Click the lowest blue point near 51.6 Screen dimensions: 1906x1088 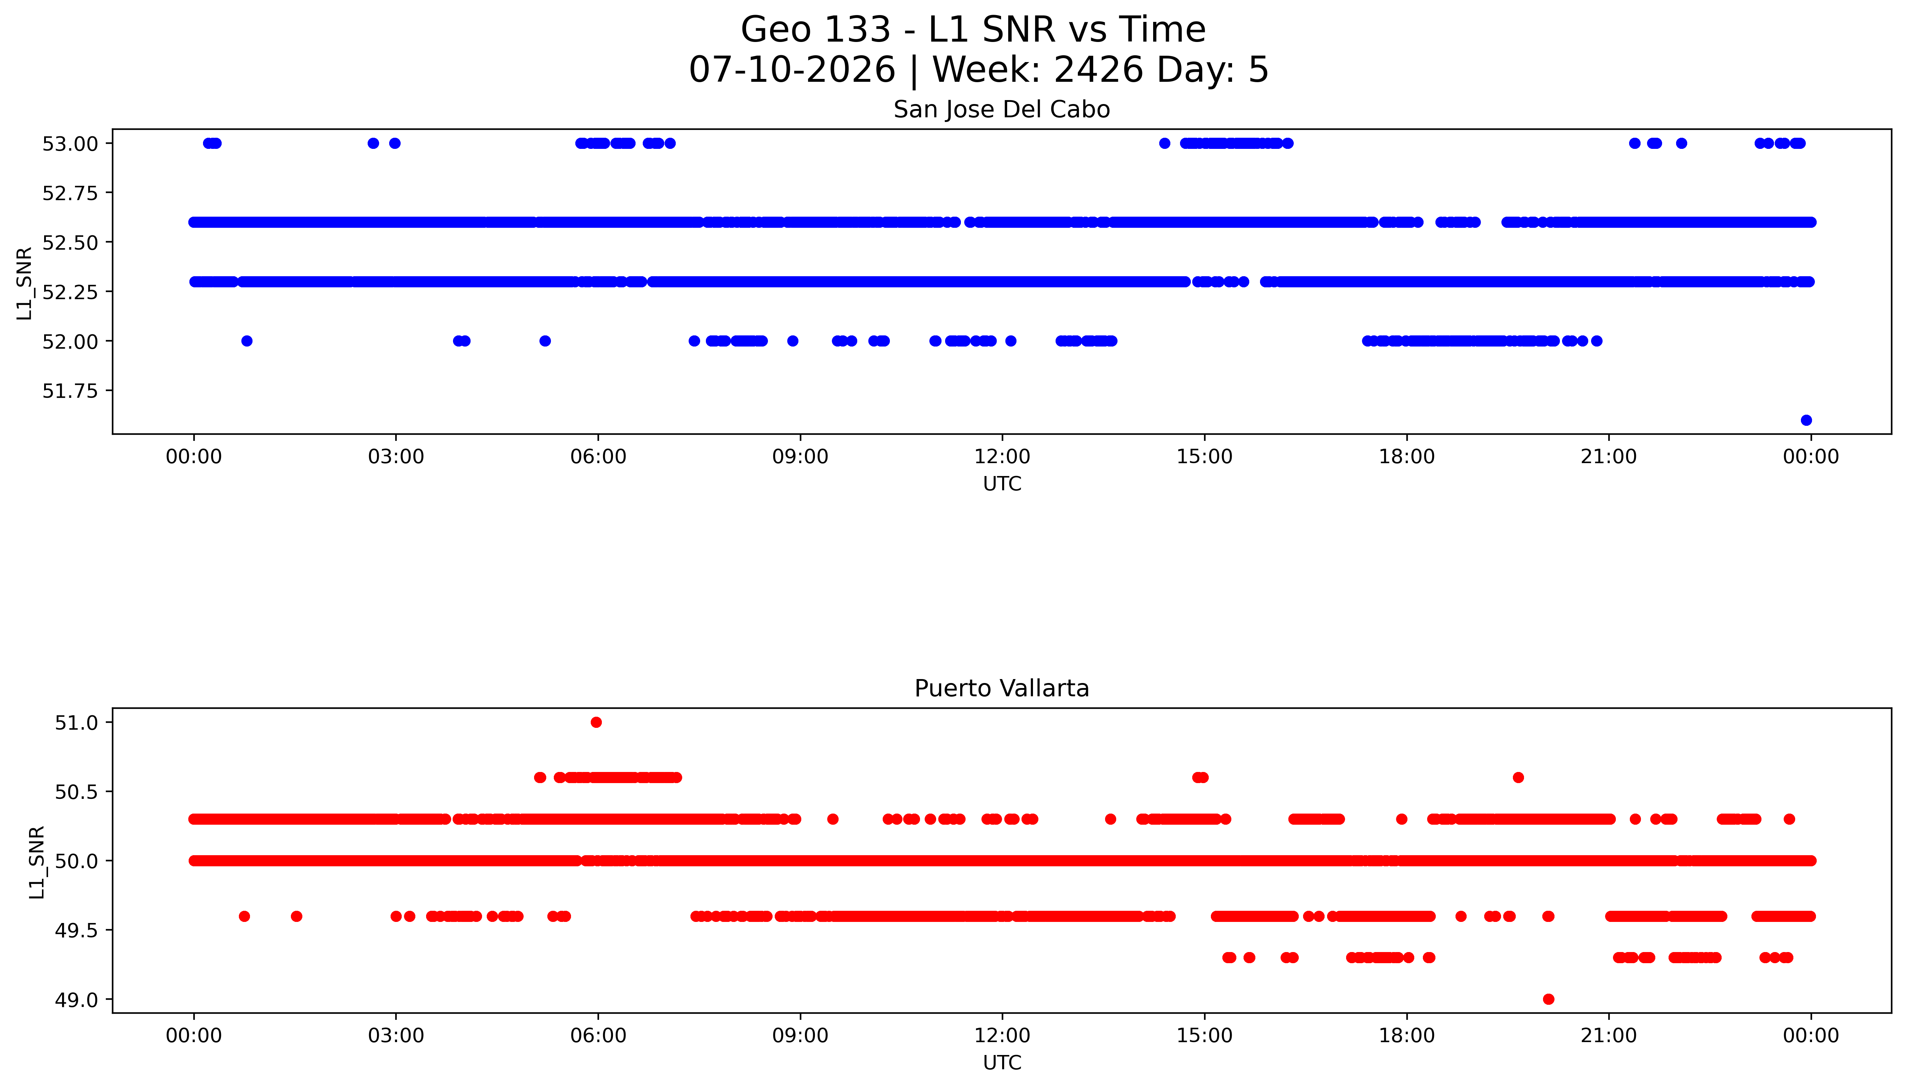point(1806,420)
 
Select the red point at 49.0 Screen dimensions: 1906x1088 point(1548,999)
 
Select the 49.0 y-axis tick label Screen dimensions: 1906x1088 point(76,1000)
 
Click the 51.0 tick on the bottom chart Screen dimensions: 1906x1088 point(76,722)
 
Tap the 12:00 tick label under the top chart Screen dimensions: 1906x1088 point(1002,457)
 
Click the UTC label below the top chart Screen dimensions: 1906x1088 point(1002,484)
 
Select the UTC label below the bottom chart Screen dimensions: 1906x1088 point(1002,1063)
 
